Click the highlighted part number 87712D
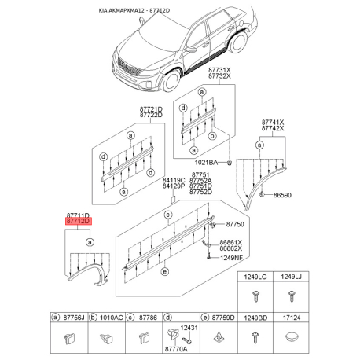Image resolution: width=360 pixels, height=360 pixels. coord(79,221)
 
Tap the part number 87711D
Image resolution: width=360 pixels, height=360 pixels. coord(78,215)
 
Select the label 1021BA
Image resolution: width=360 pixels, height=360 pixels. coord(206,163)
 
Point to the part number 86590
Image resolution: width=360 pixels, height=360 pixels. coord(282,195)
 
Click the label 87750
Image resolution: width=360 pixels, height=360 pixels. coord(235,224)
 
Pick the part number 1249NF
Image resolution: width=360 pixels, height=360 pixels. coord(231,258)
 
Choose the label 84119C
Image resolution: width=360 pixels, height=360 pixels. coord(174,180)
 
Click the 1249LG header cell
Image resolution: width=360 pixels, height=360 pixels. coord(255,277)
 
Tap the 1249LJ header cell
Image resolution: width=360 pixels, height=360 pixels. coord(291,277)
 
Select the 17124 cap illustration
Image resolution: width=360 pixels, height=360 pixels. coord(292,336)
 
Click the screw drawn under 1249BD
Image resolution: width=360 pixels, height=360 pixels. coord(255,338)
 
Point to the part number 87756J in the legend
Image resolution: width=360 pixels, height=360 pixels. coord(74,318)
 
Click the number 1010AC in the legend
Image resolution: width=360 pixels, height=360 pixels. coord(111,318)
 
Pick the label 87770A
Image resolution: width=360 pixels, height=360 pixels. coord(176,349)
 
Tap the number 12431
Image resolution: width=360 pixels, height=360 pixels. coord(189,328)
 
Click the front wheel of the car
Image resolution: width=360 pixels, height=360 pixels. coord(171,80)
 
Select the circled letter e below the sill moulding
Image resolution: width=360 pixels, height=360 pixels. coord(164,272)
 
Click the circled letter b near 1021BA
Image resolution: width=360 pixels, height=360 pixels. coord(212,136)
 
